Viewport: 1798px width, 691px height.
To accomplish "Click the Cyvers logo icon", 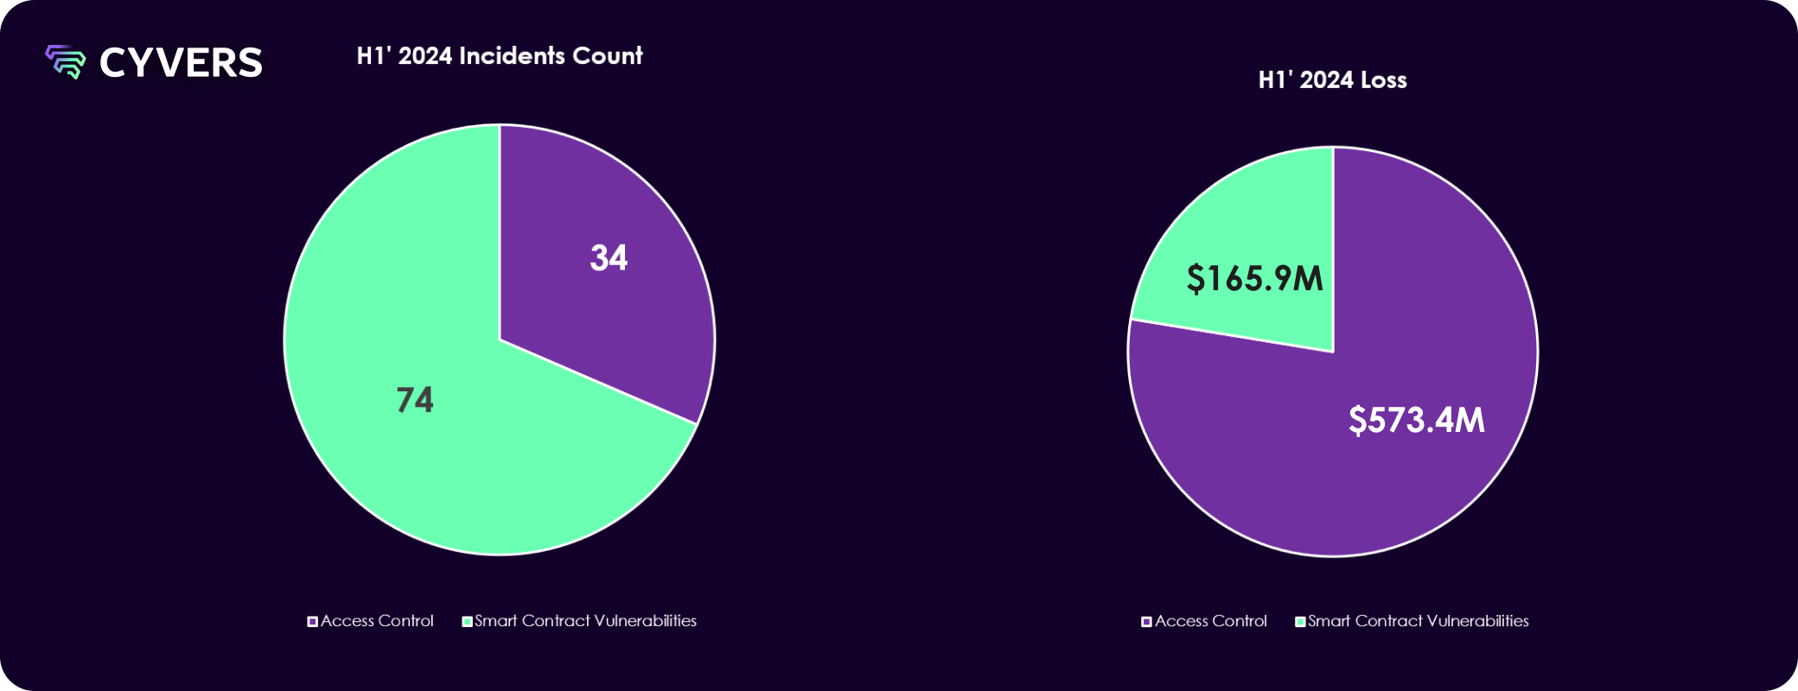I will click(x=66, y=62).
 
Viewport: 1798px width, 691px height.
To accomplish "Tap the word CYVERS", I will click(x=181, y=63).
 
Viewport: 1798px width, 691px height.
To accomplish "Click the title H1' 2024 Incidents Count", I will click(x=500, y=56).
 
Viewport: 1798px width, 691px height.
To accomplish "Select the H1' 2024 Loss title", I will click(x=1332, y=80).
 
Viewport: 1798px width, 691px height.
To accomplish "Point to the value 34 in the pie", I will click(x=609, y=257).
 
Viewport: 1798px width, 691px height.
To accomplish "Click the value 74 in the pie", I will click(x=415, y=400).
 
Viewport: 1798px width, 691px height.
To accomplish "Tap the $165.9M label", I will click(x=1254, y=278).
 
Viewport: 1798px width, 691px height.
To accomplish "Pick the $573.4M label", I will click(x=1416, y=420).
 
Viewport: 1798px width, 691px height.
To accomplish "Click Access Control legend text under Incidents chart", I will click(x=377, y=621).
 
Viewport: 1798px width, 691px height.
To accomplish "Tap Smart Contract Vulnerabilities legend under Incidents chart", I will click(x=585, y=621).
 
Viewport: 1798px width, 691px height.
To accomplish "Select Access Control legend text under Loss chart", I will click(x=1210, y=621).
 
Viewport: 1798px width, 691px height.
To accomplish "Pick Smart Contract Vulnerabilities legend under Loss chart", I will click(x=1418, y=621).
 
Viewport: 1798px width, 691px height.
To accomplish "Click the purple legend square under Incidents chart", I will click(x=313, y=622).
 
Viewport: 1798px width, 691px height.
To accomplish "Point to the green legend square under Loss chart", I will click(x=1300, y=622).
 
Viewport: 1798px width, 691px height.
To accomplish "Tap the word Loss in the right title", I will click(x=1383, y=80).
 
